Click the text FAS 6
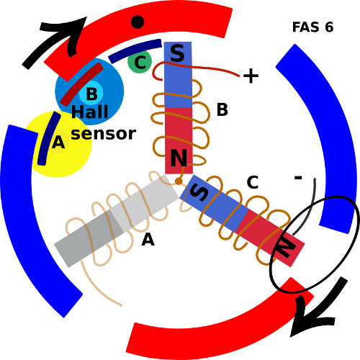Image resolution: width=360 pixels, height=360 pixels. tap(312, 27)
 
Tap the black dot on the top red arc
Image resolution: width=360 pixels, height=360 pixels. tap(138, 22)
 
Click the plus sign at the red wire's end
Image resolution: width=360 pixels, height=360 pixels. tap(251, 76)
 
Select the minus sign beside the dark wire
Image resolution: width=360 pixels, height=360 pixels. tap(298, 178)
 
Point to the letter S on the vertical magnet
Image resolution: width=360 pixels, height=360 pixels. tap(177, 53)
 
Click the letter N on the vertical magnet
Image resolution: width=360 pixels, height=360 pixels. tap(179, 158)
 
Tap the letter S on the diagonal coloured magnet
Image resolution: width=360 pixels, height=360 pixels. tap(199, 193)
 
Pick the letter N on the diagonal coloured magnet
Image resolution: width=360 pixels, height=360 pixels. tap(286, 248)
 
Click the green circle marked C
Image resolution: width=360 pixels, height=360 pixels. tap(140, 62)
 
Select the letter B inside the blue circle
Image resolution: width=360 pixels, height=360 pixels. tap(91, 94)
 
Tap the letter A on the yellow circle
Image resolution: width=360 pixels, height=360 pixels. tap(58, 143)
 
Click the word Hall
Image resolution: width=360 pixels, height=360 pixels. tap(90, 112)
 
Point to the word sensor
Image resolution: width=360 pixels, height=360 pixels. tap(104, 134)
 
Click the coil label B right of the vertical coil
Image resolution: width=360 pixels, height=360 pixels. tap(222, 109)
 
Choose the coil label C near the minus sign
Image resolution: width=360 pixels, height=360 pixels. tap(253, 182)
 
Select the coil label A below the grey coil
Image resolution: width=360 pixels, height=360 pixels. tap(148, 240)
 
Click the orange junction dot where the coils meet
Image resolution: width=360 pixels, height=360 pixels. tap(179, 181)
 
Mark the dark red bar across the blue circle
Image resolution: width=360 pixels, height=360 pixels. tap(81, 84)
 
